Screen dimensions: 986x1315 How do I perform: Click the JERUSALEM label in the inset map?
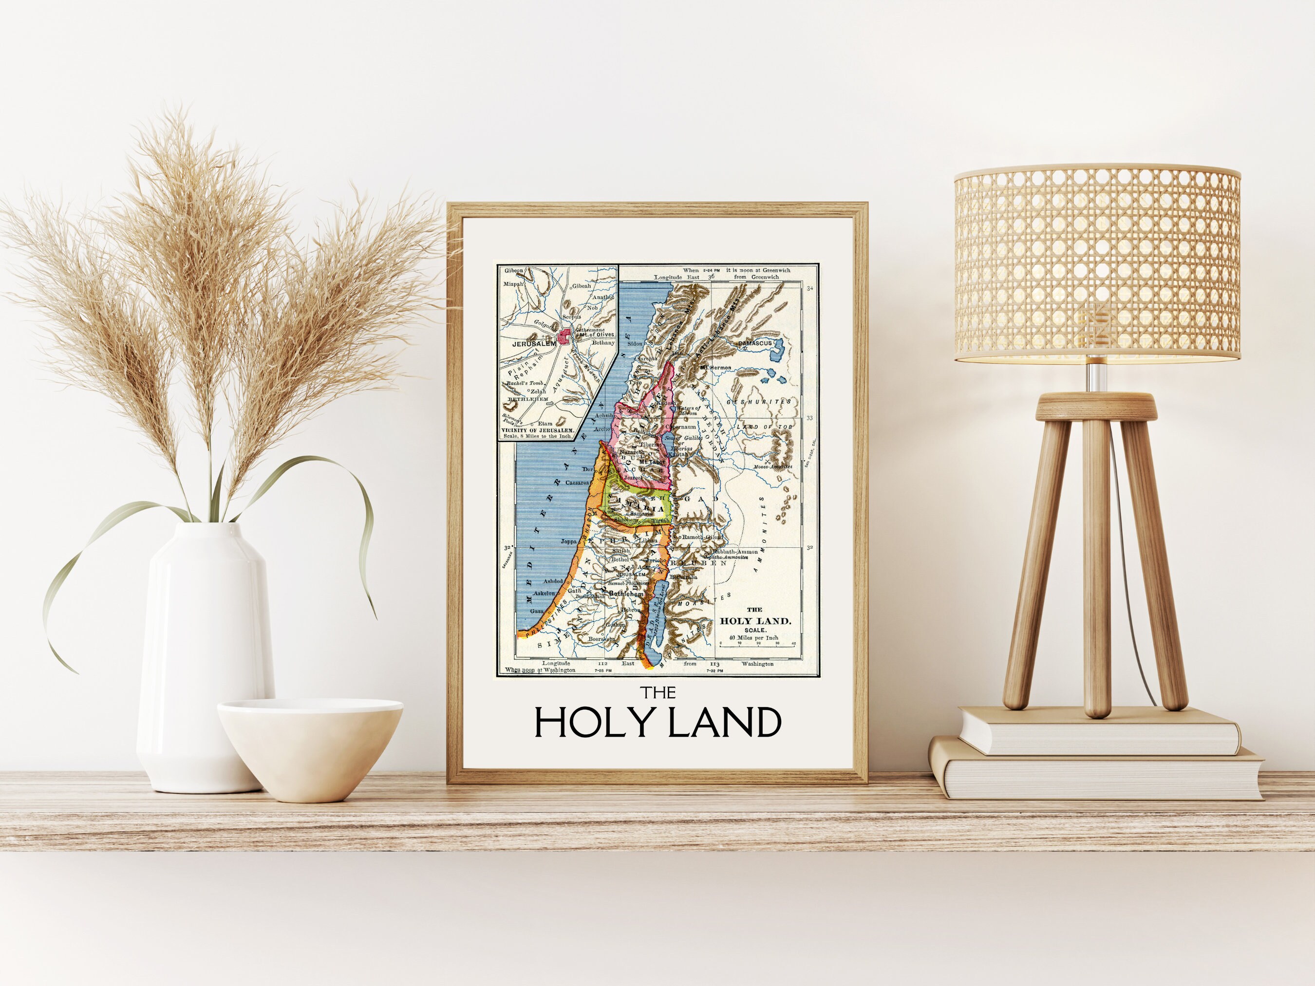(534, 344)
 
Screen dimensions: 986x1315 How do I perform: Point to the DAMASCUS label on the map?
(754, 344)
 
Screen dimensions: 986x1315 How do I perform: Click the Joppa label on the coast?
(569, 541)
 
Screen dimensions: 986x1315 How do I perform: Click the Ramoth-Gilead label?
(702, 537)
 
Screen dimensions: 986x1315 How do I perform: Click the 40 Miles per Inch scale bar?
(757, 643)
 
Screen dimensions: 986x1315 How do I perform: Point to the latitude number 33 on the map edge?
(809, 418)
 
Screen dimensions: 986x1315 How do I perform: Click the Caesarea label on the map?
(577, 483)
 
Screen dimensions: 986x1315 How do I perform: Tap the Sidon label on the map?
(635, 344)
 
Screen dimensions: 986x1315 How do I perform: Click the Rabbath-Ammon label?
(736, 551)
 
